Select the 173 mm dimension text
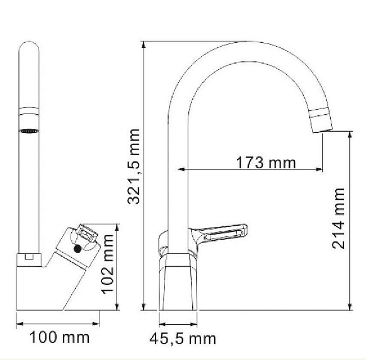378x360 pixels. coord(266,162)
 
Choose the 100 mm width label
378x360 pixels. coord(60,337)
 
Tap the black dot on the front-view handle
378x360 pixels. coord(77,249)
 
